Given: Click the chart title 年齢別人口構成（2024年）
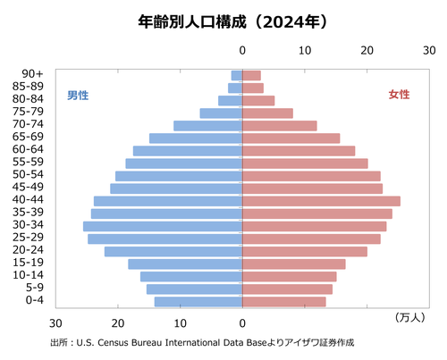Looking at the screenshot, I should pos(223,19).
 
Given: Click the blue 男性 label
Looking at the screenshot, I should pos(79,95).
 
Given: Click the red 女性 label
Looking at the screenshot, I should pos(399,95).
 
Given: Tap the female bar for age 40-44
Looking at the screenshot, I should pos(321,201).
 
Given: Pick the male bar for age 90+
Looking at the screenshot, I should pos(237,75).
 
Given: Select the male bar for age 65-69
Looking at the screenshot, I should pos(196,138).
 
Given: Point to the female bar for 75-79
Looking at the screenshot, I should pos(267,113).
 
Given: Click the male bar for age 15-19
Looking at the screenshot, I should pos(185,264).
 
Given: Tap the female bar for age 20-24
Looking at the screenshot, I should pos(305,251).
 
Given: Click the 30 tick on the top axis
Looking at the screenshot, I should pos(429,52).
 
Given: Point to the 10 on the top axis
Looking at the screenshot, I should pos(305,52).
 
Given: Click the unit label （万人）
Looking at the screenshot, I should pos(409,316).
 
